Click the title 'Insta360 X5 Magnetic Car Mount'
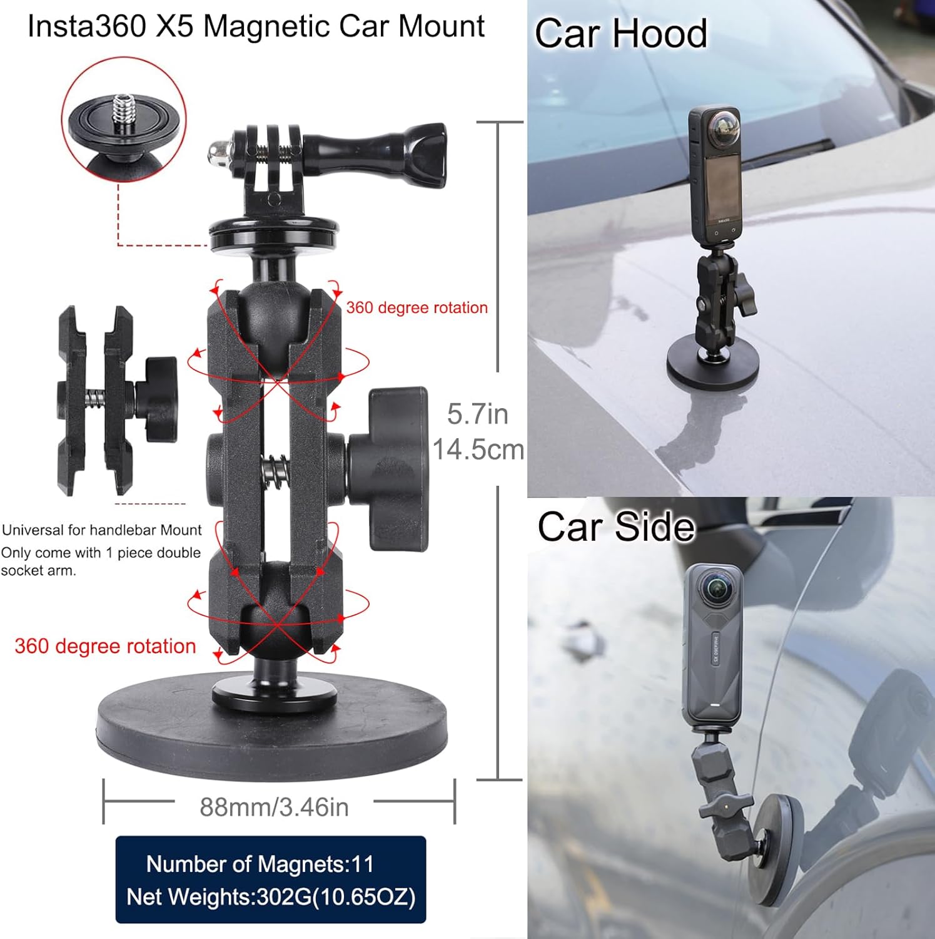[256, 27]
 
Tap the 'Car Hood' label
[620, 33]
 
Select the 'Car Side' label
[615, 526]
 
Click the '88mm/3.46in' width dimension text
[274, 807]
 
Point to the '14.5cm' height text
[478, 449]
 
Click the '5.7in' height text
[478, 414]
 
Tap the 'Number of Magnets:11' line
[260, 864]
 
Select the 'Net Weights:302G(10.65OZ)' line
[271, 896]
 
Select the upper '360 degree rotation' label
[417, 307]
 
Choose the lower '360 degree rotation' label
[105, 645]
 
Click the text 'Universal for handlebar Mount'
[102, 530]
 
